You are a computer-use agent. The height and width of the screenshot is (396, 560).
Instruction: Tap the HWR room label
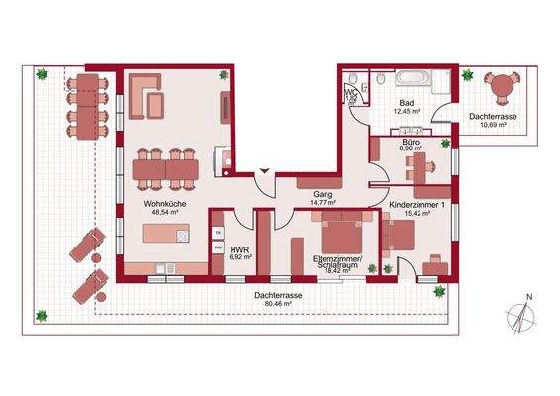[x=238, y=249]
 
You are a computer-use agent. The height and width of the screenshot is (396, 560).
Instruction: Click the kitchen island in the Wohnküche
[x=163, y=236]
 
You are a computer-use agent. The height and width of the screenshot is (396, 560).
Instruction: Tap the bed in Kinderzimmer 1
[x=397, y=237]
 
